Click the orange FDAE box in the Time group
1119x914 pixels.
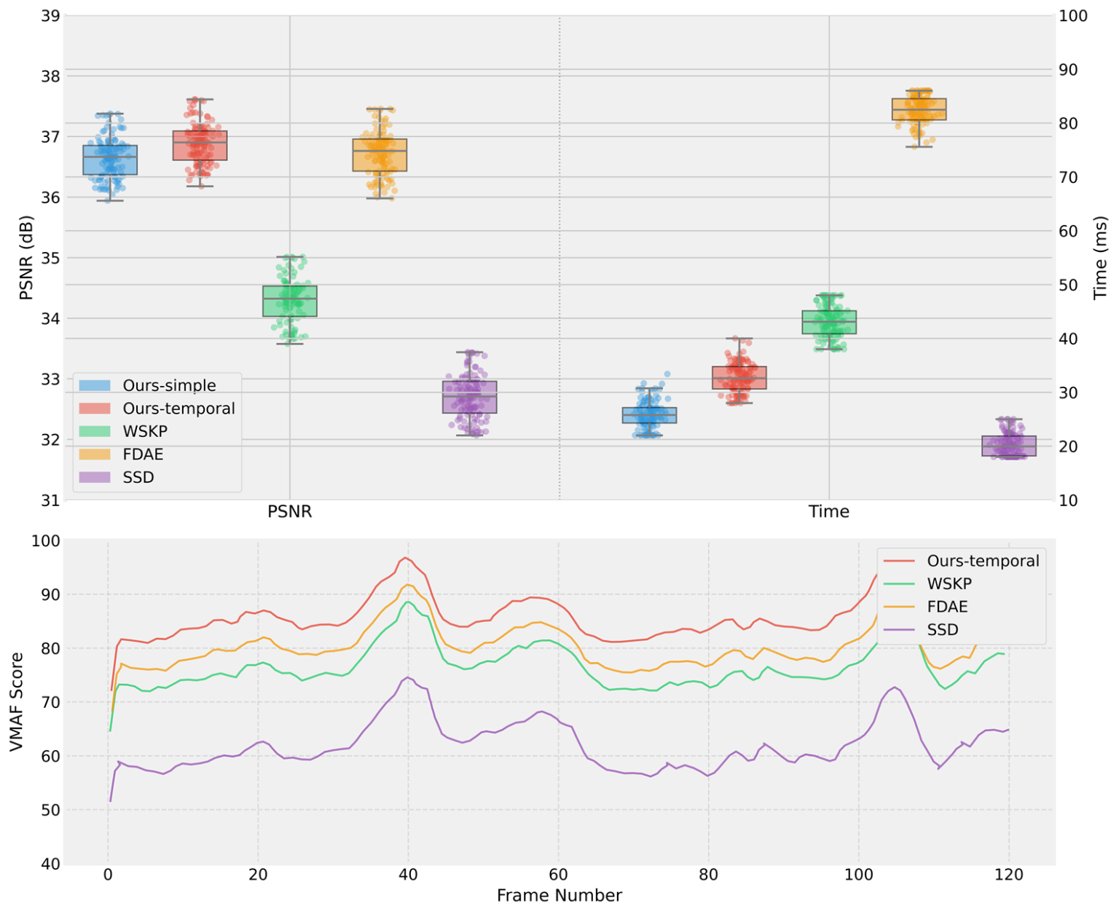point(919,109)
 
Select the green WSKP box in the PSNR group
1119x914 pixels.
point(289,301)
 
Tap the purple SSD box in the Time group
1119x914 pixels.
point(1009,446)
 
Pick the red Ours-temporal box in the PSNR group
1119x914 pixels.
point(200,145)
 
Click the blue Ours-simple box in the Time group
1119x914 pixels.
point(649,415)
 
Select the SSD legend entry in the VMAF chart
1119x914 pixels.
point(942,629)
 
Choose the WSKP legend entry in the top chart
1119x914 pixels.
point(144,431)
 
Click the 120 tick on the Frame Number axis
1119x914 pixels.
point(1008,875)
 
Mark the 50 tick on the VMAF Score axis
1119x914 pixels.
point(49,810)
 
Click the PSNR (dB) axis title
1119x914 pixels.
point(26,257)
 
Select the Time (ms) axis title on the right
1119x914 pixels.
point(1100,257)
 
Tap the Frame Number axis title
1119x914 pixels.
point(559,896)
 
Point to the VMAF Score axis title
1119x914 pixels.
point(17,701)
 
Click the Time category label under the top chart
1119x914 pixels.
point(828,511)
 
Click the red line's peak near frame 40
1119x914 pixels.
point(405,558)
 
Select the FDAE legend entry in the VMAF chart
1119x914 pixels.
point(947,607)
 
